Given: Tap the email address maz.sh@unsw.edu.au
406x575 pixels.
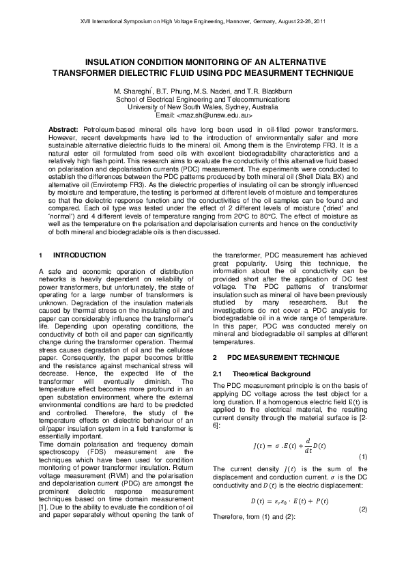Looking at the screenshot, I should tap(214, 115).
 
